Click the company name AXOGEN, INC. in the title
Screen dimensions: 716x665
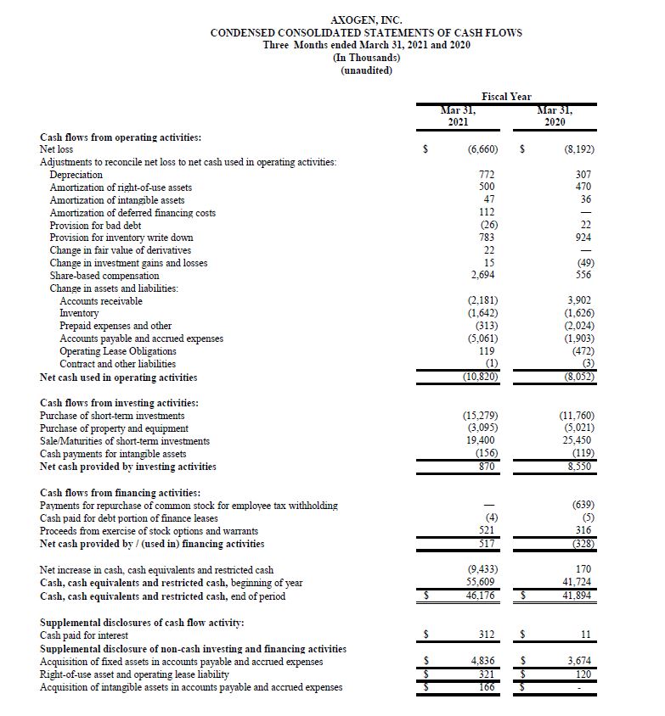point(366,20)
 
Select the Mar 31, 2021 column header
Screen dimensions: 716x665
point(458,115)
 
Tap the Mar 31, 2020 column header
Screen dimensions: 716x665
point(556,115)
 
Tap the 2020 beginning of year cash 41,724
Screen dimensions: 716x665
point(578,584)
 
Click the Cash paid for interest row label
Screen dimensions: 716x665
point(84,635)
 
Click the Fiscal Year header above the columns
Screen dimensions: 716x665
point(507,97)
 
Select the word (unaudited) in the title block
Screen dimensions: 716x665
point(366,70)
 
